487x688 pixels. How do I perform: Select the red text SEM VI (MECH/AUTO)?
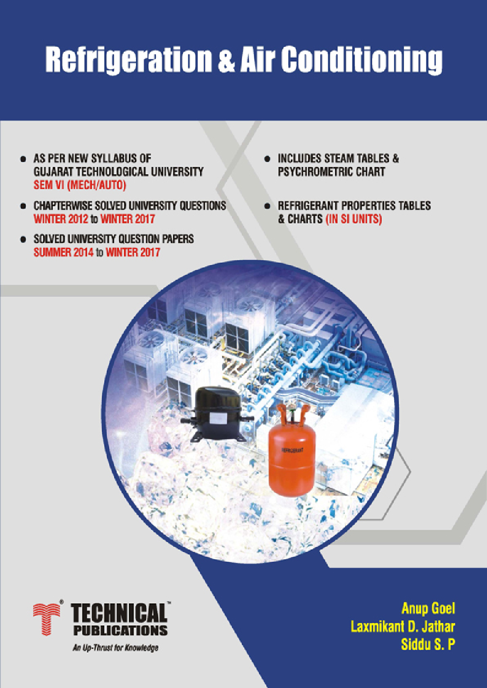pyautogui.click(x=80, y=185)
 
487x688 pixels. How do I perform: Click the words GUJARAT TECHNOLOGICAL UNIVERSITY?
pyautogui.click(x=118, y=172)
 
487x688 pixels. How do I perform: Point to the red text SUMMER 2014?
pyautogui.click(x=63, y=253)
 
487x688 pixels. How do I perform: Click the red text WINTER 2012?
pyautogui.click(x=61, y=219)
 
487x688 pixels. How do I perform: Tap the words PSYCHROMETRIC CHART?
pyautogui.click(x=331, y=172)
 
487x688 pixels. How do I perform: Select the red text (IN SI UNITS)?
pyautogui.click(x=353, y=219)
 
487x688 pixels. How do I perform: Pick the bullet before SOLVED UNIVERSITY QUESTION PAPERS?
pyautogui.click(x=23, y=239)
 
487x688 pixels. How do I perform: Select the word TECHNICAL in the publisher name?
pyautogui.click(x=119, y=613)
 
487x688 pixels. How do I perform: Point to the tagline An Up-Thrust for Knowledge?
pyautogui.click(x=115, y=648)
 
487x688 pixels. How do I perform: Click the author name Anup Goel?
pyautogui.click(x=428, y=609)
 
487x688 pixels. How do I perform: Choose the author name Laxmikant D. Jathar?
pyautogui.click(x=403, y=626)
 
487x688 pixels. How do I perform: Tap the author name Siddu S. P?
pyautogui.click(x=428, y=644)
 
